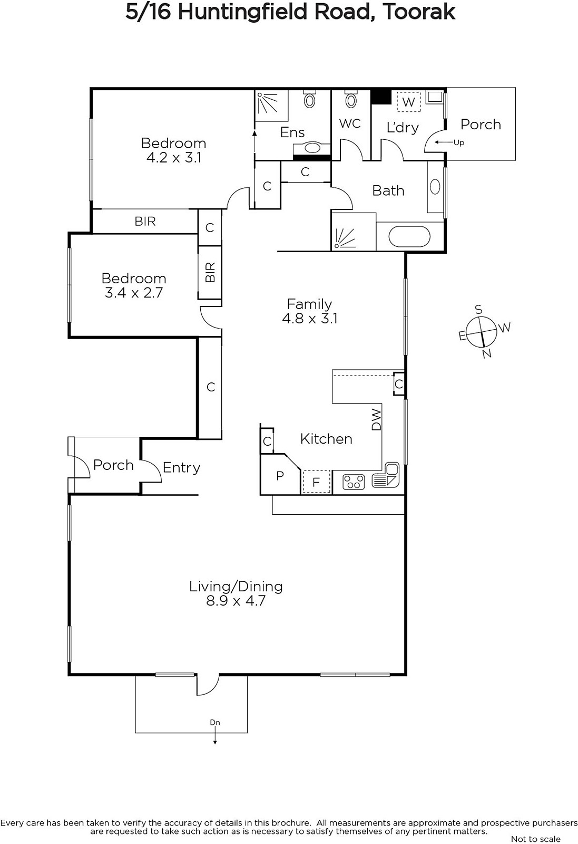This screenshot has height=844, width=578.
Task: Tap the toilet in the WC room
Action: pos(351,99)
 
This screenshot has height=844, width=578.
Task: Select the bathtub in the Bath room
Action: pos(409,236)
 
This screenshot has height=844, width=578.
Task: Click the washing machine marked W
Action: pos(409,102)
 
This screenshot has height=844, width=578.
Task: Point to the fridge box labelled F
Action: pos(317,482)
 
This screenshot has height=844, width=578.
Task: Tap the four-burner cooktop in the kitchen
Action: pos(354,482)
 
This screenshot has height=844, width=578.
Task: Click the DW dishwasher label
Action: pos(376,420)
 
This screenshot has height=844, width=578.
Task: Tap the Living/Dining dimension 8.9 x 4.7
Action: pos(236,600)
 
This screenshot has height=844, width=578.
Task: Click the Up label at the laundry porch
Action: pos(459,143)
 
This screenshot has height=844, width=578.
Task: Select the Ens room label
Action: pos(292,132)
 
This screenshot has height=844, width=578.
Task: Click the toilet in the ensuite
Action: pos(310,99)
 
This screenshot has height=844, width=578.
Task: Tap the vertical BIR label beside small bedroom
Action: pos(210,272)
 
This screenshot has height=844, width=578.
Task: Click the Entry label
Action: pos(181,467)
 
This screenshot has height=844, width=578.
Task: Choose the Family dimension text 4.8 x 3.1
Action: pos(310,319)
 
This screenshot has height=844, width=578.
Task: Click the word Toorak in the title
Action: pos(418,12)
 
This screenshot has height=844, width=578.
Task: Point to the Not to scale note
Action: pos(536,839)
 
